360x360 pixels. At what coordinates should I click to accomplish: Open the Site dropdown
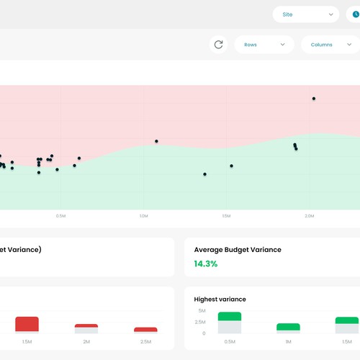pos(306,14)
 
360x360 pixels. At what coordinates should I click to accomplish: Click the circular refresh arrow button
pos(218,45)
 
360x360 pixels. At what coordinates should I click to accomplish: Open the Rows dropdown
pos(264,45)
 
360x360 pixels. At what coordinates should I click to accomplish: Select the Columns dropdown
pos(330,45)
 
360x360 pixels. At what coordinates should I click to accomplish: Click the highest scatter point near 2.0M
pos(313,99)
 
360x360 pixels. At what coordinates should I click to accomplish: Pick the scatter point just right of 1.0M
pos(156,141)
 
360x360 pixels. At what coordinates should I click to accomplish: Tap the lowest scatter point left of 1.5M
pos(204,174)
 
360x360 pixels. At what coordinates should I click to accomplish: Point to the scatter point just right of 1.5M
pos(232,166)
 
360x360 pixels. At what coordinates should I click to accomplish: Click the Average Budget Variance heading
pos(238,250)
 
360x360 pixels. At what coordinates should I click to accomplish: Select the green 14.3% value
pos(205,264)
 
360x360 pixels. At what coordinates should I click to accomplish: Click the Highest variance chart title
pos(220,299)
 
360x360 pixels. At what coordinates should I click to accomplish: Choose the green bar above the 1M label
pos(288,327)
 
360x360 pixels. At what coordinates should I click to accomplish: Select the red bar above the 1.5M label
pos(27,323)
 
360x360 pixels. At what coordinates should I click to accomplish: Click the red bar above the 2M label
pos(86,326)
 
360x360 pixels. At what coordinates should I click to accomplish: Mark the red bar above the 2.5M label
pos(145,330)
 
